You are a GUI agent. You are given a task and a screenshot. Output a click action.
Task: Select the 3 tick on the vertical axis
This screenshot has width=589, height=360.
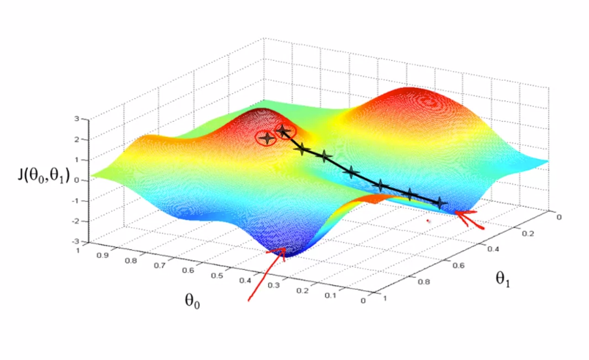click(77, 118)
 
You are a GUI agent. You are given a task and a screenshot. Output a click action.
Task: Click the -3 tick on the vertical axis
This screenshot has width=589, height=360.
click(75, 240)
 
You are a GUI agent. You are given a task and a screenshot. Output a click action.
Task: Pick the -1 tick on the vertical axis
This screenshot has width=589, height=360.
click(75, 200)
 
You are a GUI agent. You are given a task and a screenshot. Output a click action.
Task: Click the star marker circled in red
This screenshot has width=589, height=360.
click(266, 137)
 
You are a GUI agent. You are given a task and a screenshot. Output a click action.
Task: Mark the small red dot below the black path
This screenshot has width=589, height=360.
click(429, 218)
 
